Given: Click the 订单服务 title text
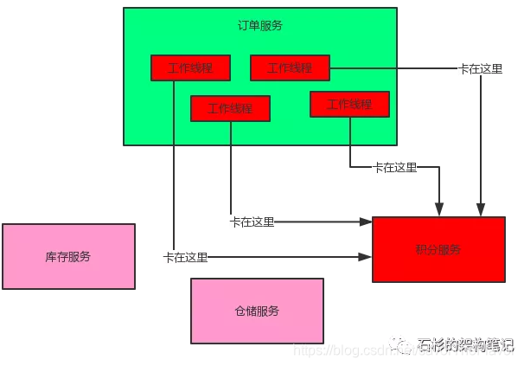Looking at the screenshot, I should (260, 25).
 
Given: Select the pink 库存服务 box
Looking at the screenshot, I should (68, 256).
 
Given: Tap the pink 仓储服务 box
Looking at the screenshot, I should (257, 311).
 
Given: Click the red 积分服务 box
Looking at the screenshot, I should (438, 249).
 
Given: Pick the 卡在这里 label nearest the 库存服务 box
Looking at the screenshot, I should (185, 257).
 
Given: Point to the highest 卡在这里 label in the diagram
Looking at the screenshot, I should (480, 68).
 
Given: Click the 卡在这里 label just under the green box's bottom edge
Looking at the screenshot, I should (394, 167).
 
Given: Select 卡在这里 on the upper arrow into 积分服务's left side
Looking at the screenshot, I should (252, 222).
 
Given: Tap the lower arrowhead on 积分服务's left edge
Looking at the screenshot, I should (367, 257).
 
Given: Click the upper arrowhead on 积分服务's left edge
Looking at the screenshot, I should (367, 222).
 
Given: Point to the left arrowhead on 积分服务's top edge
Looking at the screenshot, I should (439, 210).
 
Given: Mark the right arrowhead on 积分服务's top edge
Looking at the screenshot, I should (481, 210).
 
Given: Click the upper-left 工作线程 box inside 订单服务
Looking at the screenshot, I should (190, 67).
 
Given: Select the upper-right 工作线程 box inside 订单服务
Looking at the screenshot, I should (290, 67).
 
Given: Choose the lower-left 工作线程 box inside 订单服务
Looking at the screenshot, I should (230, 108).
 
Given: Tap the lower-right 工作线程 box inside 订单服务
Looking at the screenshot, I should (349, 104).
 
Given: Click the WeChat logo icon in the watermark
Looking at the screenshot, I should (403, 343).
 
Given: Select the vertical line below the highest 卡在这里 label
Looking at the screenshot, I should (481, 138).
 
